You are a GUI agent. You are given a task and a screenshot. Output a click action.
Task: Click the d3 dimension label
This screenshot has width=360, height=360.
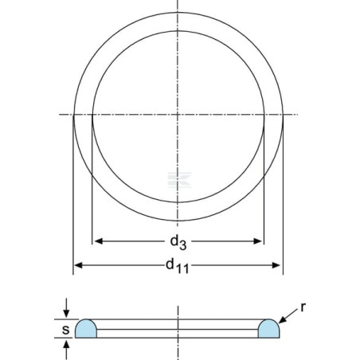(x=178, y=243)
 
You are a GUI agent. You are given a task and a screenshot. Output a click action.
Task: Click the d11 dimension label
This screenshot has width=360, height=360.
(x=178, y=266)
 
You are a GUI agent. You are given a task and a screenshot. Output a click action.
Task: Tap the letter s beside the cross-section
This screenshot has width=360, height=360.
(x=65, y=330)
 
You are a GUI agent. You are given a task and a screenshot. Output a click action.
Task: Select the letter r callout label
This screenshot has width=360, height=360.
(x=303, y=307)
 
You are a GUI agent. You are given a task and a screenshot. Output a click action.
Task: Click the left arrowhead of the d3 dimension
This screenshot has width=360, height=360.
(x=99, y=241)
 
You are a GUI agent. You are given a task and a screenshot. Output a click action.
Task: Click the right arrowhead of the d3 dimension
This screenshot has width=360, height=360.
(x=258, y=241)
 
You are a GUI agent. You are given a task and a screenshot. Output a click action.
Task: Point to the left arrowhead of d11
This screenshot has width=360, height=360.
(x=78, y=265)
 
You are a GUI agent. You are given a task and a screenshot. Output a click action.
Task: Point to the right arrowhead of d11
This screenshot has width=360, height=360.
(x=276, y=265)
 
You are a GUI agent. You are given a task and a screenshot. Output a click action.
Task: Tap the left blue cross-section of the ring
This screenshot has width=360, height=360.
(x=86, y=329)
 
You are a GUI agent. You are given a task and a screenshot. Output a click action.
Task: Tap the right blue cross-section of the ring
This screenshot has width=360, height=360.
(x=268, y=329)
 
